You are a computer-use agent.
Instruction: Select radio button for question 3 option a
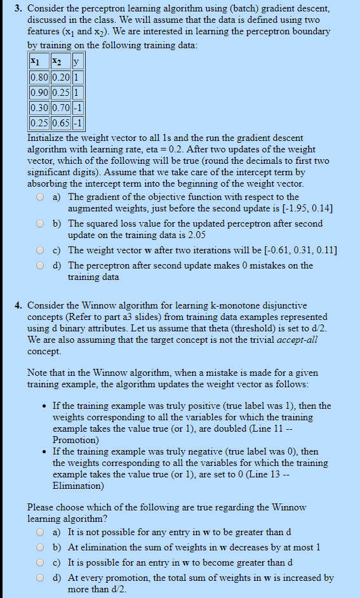[40, 197]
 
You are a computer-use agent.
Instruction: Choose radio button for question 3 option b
[40, 224]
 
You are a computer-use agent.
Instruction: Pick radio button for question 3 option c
[40, 250]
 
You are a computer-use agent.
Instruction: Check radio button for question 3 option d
[40, 266]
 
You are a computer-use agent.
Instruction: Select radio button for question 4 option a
[40, 532]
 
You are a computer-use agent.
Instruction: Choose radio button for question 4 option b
[40, 547]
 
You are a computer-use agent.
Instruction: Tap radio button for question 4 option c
[40, 562]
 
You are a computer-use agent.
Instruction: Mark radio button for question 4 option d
[40, 578]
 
